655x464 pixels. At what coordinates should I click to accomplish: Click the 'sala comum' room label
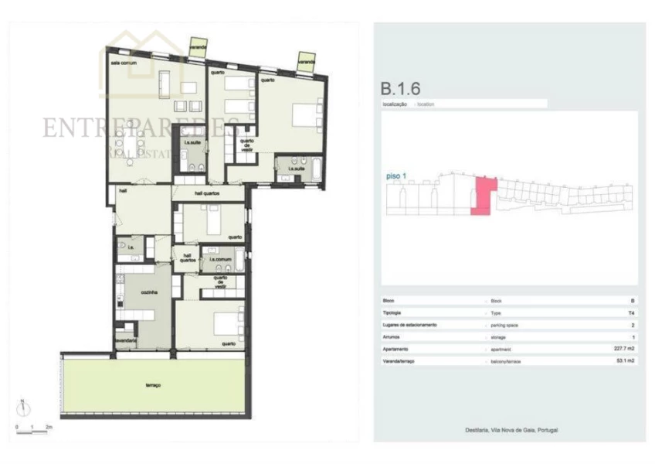[124, 63]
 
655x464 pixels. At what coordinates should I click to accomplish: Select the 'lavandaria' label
[127, 340]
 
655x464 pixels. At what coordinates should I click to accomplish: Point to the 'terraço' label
[152, 384]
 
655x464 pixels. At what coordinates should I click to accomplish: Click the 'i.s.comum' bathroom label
[220, 259]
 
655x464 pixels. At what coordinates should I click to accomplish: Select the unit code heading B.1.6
[401, 89]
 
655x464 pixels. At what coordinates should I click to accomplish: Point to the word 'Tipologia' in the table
[393, 312]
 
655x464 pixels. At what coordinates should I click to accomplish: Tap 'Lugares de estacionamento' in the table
[409, 325]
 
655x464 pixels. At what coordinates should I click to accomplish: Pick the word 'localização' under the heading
[395, 104]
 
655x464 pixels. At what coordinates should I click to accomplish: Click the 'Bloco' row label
[389, 300]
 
